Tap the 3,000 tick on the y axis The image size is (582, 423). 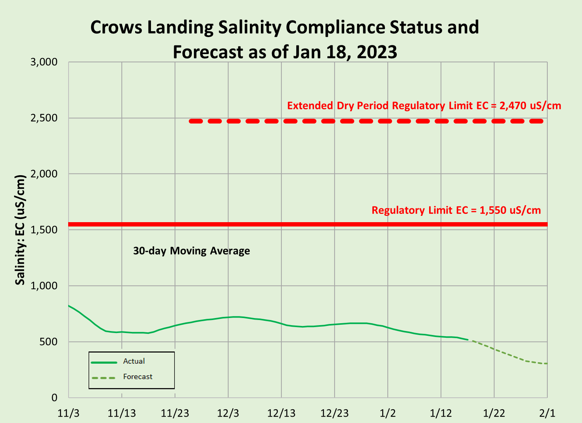44,62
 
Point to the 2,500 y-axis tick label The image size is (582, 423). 44,118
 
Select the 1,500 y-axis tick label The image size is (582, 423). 44,230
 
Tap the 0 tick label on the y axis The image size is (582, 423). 54,398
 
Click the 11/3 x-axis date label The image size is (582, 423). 68,413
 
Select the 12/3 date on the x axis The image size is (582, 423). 228,413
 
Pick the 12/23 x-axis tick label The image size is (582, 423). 334,413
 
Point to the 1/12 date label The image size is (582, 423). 441,413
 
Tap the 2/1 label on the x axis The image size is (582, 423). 547,413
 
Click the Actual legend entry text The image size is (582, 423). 134,361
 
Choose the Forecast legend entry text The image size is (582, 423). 138,377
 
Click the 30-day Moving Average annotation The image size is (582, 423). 192,251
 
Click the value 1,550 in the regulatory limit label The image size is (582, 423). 493,210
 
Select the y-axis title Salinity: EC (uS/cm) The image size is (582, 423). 20,230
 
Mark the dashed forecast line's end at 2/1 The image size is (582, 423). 547,363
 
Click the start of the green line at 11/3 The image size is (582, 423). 69,306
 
